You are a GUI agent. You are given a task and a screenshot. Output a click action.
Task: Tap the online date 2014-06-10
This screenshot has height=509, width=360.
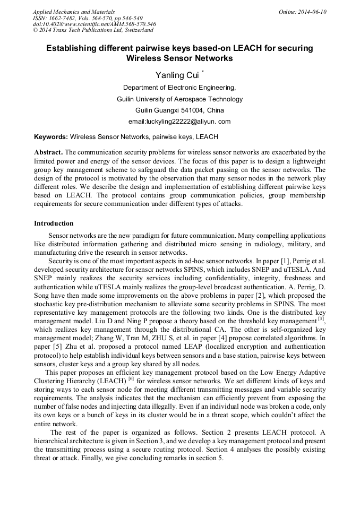312,11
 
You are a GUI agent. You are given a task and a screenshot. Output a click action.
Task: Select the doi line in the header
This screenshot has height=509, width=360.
94,24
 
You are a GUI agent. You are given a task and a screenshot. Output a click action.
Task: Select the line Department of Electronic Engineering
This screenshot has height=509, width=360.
179,88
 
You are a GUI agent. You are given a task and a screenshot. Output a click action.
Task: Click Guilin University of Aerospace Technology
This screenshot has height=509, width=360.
179,99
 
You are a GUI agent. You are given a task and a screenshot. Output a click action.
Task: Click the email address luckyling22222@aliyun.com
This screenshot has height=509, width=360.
179,122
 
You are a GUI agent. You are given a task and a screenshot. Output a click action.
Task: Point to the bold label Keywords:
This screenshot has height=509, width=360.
51,137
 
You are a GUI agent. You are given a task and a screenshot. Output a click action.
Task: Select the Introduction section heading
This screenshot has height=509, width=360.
54,223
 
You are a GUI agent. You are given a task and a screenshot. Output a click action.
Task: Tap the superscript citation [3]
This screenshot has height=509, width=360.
321,318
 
